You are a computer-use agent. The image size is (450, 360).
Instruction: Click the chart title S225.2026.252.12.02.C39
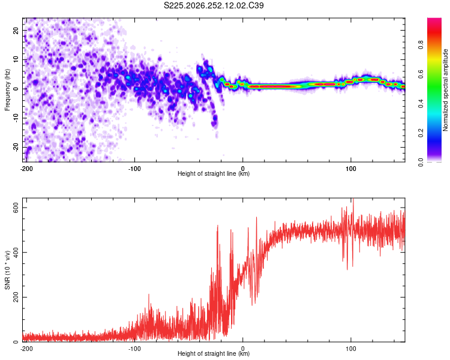pos(214,5)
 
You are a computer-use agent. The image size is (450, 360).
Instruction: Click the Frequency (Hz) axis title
pos(7,90)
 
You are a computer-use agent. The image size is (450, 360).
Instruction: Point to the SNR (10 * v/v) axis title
pos(7,270)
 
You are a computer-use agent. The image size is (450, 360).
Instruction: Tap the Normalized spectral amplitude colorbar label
pos(445,90)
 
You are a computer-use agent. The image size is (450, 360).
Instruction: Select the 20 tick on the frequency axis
pos(16,30)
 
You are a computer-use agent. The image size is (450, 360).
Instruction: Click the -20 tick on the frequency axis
pos(16,148)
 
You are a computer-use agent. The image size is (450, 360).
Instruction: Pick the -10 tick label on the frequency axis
pos(16,118)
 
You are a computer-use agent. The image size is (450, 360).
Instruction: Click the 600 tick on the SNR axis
pos(16,208)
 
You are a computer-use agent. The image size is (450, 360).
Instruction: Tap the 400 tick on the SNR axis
pos(16,253)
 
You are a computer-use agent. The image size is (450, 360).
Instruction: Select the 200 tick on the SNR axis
pos(16,297)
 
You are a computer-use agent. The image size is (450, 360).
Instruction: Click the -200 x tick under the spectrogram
pos(26,169)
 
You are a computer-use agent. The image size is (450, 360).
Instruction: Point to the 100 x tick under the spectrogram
pos(351,169)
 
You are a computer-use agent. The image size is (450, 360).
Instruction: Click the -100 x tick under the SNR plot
pos(134,349)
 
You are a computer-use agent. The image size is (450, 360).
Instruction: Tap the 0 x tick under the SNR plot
pos(243,349)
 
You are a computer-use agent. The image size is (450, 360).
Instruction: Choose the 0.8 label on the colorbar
pos(421,45)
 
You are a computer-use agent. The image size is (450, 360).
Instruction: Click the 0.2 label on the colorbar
pos(421,133)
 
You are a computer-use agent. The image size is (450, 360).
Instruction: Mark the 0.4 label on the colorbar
pos(421,104)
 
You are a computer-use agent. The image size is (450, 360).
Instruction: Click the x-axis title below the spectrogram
pos(214,173)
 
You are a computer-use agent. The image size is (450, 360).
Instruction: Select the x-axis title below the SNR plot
pos(214,353)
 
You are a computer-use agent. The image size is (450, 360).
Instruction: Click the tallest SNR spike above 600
pos(353,199)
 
